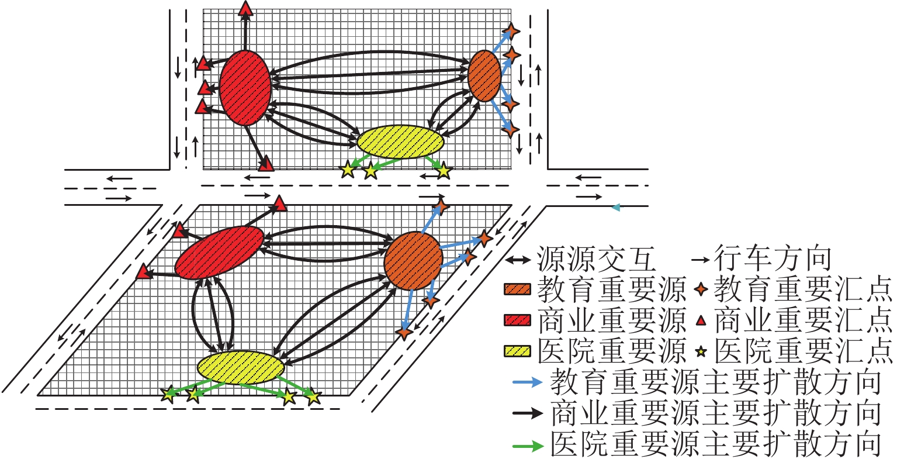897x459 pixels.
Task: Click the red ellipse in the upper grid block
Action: pyautogui.click(x=245, y=88)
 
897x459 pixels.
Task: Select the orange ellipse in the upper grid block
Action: pyautogui.click(x=484, y=75)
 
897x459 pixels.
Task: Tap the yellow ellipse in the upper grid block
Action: pyautogui.click(x=400, y=142)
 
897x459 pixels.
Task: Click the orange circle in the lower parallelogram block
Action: pyautogui.click(x=413, y=260)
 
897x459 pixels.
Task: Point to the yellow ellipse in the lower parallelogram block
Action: pyautogui.click(x=241, y=367)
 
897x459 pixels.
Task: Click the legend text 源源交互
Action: pyautogui.click(x=596, y=258)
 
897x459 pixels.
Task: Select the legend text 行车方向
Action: pyautogui.click(x=773, y=258)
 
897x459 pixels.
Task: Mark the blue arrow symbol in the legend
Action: pyautogui.click(x=528, y=383)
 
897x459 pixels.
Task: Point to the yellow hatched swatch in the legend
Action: pyautogui.click(x=517, y=351)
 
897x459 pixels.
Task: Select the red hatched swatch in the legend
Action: pyautogui.click(x=517, y=320)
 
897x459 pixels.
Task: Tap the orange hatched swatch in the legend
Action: pyautogui.click(x=517, y=289)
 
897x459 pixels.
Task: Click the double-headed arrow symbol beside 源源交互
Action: pyautogui.click(x=518, y=258)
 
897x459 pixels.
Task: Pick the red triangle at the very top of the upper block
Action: pyautogui.click(x=245, y=8)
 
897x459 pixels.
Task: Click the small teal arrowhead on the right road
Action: pyautogui.click(x=615, y=207)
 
